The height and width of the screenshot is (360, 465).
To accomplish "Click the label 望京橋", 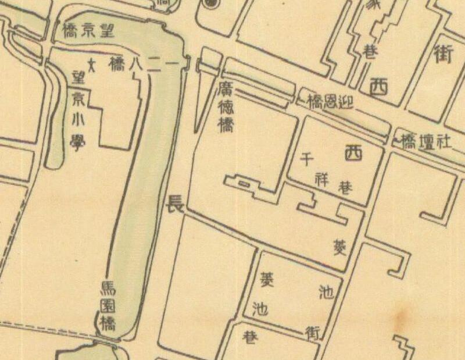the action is (x=87, y=31).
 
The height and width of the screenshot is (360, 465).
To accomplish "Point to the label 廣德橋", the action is (x=226, y=107).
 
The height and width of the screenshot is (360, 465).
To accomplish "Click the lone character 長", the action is (x=174, y=204).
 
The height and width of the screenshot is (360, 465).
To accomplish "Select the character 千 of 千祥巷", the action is (x=307, y=159).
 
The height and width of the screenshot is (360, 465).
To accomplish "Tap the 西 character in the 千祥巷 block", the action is (x=352, y=154).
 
